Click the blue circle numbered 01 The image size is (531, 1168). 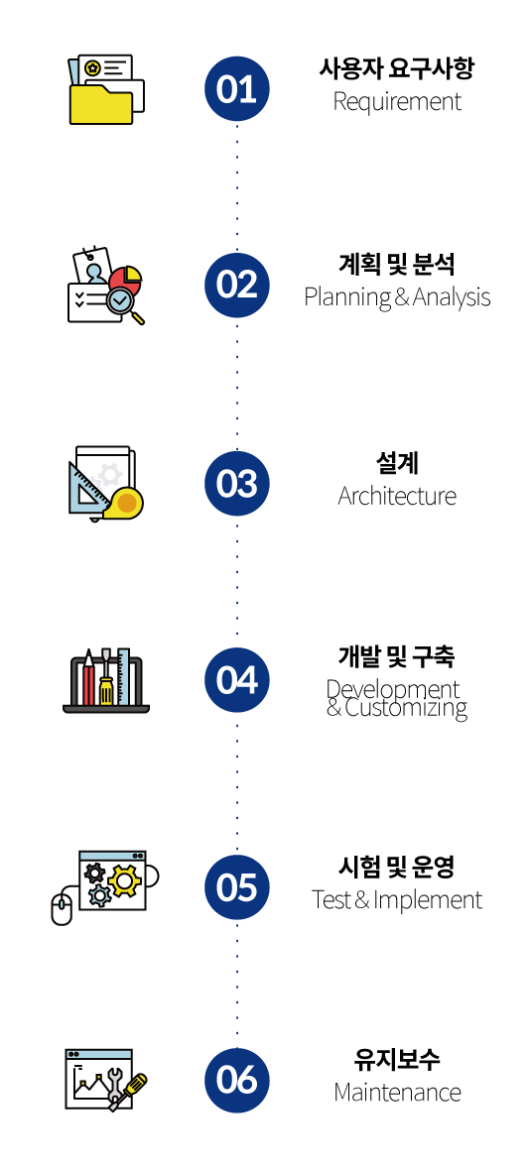[237, 88]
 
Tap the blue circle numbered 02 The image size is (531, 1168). [237, 285]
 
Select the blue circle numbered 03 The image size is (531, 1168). [237, 483]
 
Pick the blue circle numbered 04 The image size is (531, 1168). [237, 680]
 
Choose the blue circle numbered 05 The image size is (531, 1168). [237, 887]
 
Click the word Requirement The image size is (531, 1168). [397, 102]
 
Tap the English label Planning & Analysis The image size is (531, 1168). [397, 297]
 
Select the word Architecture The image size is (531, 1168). [397, 496]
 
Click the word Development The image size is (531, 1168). [393, 690]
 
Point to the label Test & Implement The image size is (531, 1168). [397, 900]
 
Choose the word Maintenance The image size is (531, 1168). [397, 1093]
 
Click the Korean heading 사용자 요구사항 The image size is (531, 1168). [397, 70]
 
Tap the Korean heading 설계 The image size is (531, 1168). [397, 463]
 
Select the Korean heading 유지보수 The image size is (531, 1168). [397, 1060]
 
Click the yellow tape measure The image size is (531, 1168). [124, 503]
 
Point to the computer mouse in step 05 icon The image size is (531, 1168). [62, 910]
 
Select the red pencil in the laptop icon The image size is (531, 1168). [88, 678]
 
